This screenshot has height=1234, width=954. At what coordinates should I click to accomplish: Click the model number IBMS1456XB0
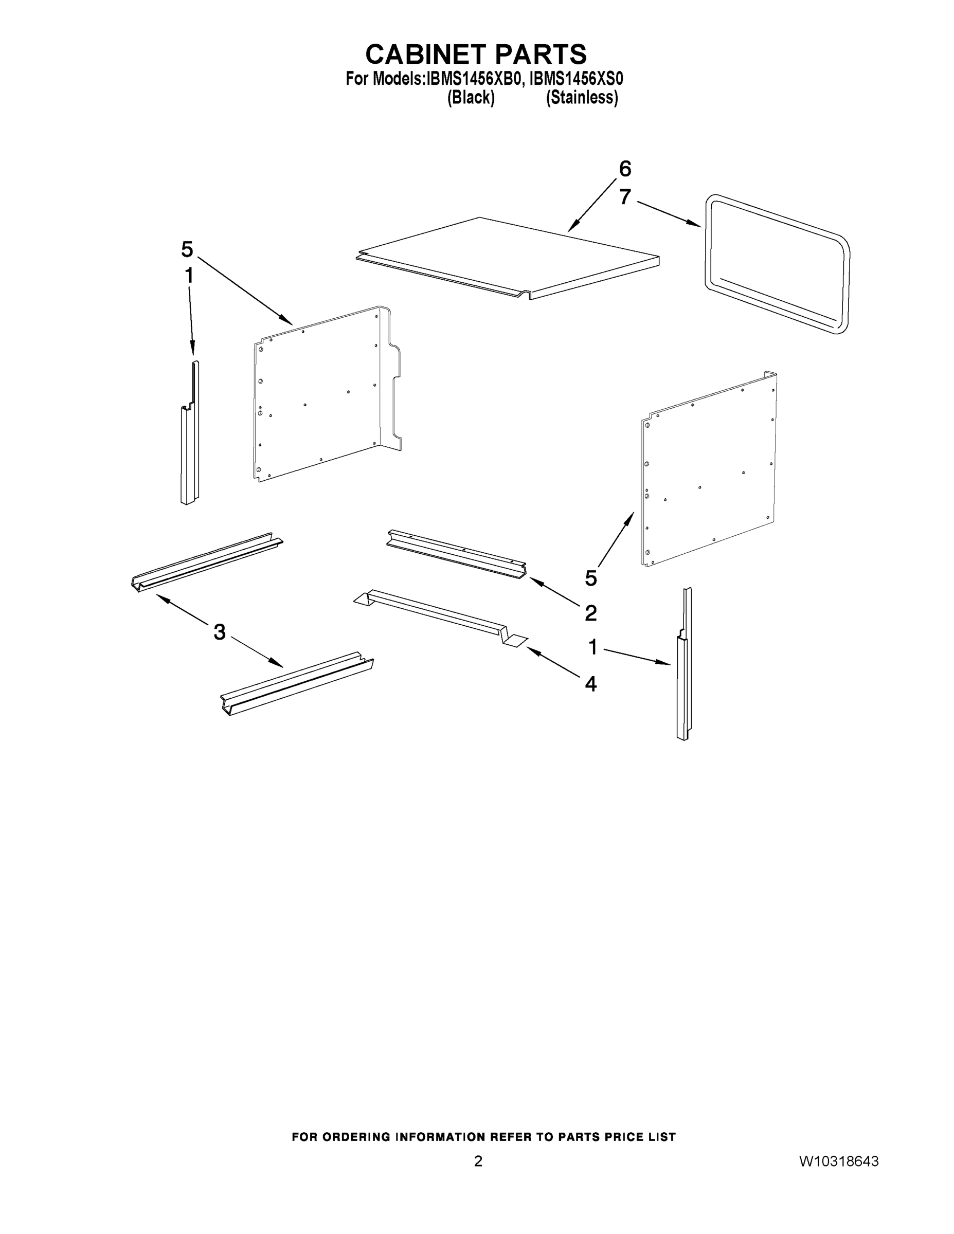click(x=473, y=79)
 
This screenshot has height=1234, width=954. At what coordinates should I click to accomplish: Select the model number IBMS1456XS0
click(x=576, y=79)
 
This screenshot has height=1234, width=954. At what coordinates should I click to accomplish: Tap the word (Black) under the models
click(x=471, y=98)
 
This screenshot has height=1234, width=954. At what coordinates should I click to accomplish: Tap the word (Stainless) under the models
click(x=582, y=98)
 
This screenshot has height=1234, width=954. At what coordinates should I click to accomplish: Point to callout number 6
click(x=624, y=168)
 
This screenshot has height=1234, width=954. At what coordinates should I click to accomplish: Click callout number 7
click(x=624, y=196)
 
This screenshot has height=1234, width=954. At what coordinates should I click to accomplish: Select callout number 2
click(x=590, y=612)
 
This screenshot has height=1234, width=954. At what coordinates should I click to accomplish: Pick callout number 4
click(x=590, y=684)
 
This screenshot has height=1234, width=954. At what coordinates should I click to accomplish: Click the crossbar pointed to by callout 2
click(x=456, y=553)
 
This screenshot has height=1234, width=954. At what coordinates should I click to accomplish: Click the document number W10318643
click(x=839, y=1161)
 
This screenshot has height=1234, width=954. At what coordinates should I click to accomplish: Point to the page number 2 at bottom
click(x=478, y=1161)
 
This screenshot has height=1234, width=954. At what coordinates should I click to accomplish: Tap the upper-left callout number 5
click(x=187, y=249)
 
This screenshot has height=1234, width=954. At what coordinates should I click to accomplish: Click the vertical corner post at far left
click(x=190, y=446)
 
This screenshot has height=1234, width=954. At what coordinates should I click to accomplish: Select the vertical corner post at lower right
click(x=683, y=678)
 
